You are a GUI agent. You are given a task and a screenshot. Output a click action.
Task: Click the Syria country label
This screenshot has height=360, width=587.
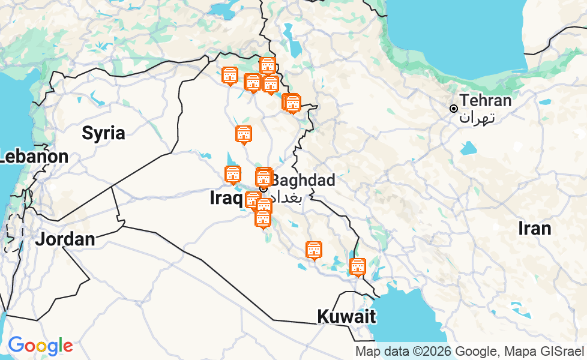103,133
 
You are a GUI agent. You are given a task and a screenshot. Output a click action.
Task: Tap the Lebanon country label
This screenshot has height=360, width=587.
34,157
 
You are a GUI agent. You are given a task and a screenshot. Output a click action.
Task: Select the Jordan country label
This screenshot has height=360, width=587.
65,239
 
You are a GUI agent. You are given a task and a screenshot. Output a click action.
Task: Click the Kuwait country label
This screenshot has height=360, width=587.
346,316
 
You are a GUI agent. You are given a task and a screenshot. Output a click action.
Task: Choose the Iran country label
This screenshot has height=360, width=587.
534,228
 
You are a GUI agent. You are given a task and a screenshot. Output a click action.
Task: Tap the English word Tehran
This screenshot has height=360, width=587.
486,100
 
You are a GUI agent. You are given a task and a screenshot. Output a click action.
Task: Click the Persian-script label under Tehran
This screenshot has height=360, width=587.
478,117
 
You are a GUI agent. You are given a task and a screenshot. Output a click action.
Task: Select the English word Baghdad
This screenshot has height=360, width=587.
303,180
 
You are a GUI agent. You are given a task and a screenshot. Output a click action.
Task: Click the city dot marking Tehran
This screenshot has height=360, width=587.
454,109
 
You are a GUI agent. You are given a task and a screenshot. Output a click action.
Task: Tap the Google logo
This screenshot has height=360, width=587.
40,346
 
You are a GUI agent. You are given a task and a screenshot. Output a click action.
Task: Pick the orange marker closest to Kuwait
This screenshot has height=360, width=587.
358,267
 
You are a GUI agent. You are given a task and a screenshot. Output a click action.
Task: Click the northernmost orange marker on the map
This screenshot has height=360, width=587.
267,65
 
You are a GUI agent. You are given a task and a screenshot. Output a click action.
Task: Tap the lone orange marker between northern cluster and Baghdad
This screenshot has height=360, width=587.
244,135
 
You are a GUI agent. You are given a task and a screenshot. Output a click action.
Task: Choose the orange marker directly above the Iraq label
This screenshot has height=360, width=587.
233,175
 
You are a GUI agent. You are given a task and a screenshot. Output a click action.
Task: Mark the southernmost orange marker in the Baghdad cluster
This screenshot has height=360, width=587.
262,220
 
